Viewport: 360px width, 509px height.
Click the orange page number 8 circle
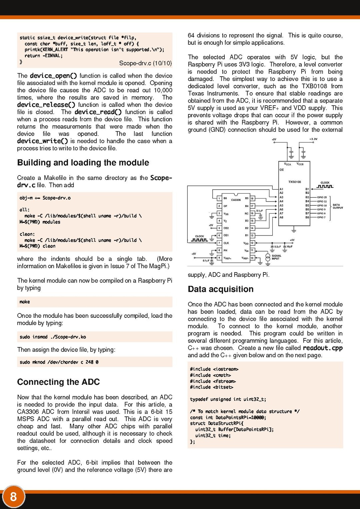(13, 496)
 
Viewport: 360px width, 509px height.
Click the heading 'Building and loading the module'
(83, 163)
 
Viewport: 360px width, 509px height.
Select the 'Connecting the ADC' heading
(58, 382)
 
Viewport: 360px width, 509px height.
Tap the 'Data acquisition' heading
(220, 289)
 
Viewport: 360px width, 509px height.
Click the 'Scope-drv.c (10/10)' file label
(145, 63)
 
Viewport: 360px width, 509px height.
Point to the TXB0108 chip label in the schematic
(294, 182)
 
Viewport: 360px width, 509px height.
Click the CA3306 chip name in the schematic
(236, 200)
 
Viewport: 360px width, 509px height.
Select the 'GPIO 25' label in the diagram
(322, 197)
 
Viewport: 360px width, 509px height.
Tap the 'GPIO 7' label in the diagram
(321, 217)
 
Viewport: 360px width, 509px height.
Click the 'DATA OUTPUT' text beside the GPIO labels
(337, 206)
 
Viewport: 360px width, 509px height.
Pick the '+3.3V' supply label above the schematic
(313, 139)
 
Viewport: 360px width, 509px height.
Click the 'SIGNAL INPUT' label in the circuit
(276, 257)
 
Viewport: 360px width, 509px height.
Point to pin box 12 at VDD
(252, 243)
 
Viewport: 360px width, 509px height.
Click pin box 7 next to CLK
(219, 243)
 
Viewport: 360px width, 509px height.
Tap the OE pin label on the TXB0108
(282, 170)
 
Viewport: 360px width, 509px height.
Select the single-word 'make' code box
(25, 302)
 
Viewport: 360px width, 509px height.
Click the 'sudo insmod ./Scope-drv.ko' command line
(53, 337)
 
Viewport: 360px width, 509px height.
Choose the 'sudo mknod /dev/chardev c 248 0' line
(59, 362)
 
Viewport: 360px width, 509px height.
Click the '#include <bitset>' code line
(211, 387)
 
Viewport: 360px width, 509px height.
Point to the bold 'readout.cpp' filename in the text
(322, 348)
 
